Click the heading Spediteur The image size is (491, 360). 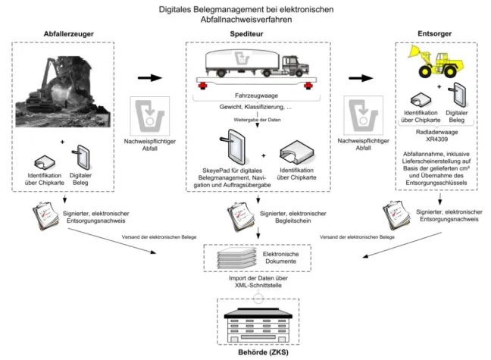(245, 34)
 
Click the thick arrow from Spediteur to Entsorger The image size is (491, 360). (355, 78)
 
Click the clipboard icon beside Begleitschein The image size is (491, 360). (242, 218)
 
